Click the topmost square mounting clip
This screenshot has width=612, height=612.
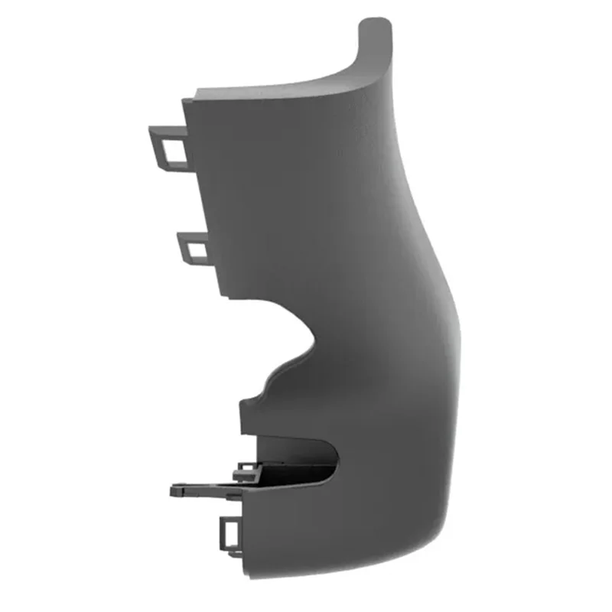(168, 146)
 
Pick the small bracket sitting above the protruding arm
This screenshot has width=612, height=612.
(246, 468)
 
